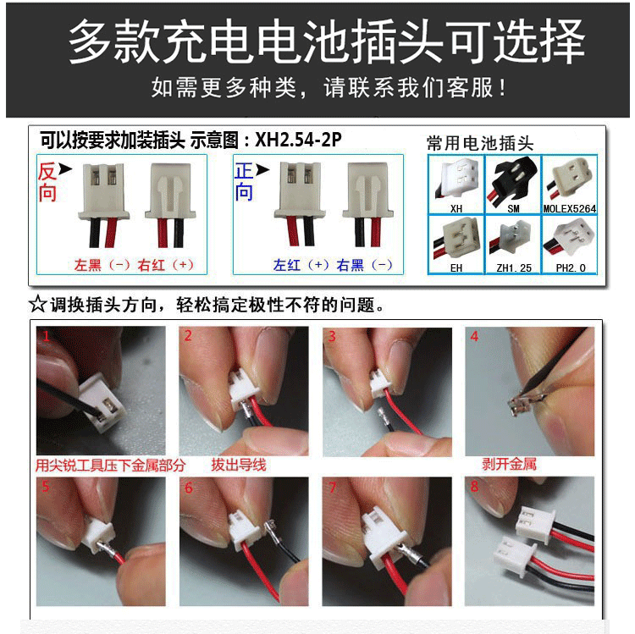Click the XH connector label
(457, 207)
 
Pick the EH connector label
(457, 267)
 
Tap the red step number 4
(474, 336)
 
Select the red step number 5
(44, 488)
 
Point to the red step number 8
(474, 487)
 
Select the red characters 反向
(47, 182)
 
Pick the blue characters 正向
(244, 182)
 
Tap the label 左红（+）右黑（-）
(333, 265)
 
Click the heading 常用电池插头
(480, 143)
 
